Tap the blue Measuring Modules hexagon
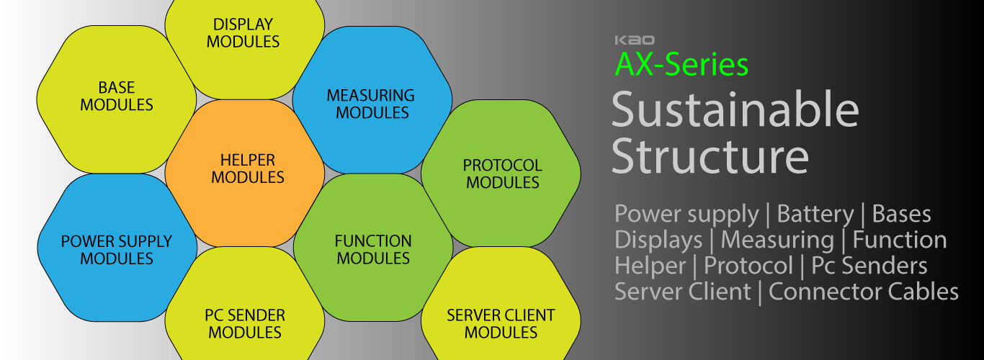pyautogui.click(x=372, y=104)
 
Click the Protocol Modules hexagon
pyautogui.click(x=502, y=174)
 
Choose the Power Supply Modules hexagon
pyautogui.click(x=117, y=249)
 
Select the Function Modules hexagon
pyautogui.click(x=373, y=249)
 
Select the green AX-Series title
pyautogui.click(x=681, y=65)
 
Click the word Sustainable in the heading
pyautogui.click(x=735, y=110)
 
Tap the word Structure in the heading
pyautogui.click(x=710, y=155)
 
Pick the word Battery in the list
pyautogui.click(x=815, y=214)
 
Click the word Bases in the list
pyautogui.click(x=901, y=214)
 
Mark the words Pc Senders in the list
pyautogui.click(x=869, y=266)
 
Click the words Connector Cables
pyautogui.click(x=864, y=292)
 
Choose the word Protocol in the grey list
pyautogui.click(x=748, y=266)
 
